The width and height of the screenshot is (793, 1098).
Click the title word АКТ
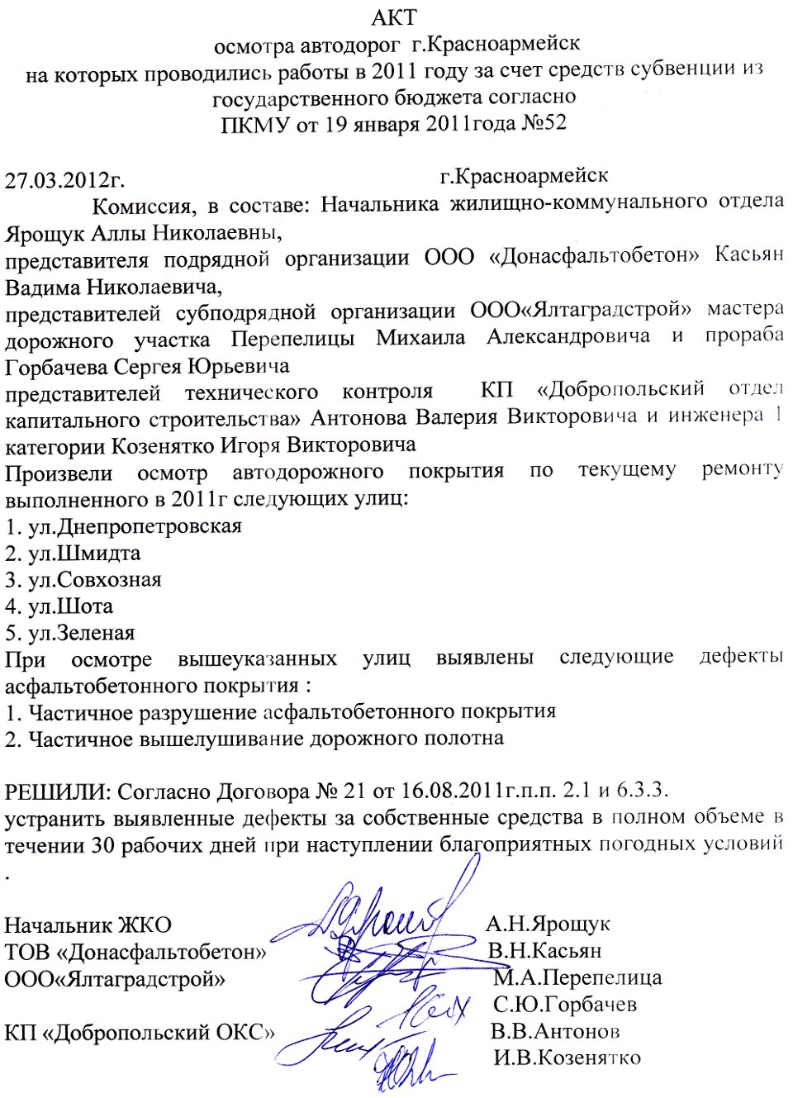click(395, 17)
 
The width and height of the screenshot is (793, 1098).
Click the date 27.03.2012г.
click(64, 180)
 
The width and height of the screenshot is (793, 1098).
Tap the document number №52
click(544, 123)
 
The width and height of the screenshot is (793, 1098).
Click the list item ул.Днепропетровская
click(135, 526)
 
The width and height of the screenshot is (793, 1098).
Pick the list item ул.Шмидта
click(84, 553)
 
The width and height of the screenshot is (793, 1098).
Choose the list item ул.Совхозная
click(95, 579)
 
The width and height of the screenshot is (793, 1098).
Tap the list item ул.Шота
click(71, 606)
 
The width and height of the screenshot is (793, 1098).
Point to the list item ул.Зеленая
click(82, 633)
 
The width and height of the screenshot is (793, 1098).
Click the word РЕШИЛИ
click(57, 791)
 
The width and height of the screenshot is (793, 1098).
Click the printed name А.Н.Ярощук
click(548, 924)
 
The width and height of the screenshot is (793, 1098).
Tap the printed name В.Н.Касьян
click(544, 950)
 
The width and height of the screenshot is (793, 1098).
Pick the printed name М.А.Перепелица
click(578, 977)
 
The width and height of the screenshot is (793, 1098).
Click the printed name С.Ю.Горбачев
click(565, 1005)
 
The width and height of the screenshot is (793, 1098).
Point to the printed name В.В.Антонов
click(555, 1031)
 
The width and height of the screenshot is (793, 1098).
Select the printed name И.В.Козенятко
click(567, 1058)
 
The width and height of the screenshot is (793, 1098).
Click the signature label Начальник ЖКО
click(88, 925)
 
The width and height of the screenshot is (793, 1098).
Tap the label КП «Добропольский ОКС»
click(140, 1032)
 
